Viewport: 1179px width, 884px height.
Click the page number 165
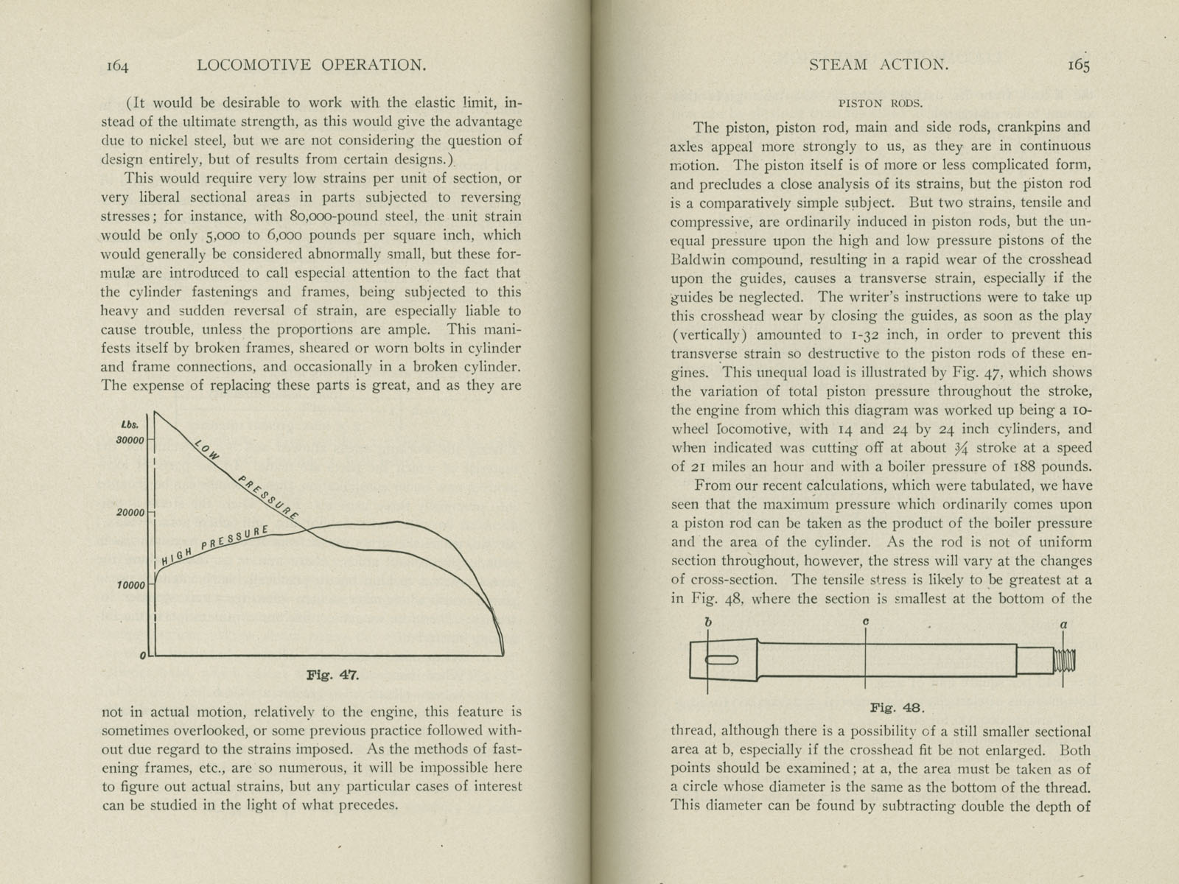point(1078,65)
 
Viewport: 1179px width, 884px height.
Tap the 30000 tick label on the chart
point(130,440)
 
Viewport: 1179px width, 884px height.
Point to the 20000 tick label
point(130,512)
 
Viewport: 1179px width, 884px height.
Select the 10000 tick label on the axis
point(130,586)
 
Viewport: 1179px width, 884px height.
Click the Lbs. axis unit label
point(129,424)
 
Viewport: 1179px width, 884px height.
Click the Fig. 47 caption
point(332,675)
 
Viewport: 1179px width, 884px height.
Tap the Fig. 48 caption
point(897,708)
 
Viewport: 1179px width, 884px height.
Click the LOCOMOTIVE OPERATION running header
point(312,65)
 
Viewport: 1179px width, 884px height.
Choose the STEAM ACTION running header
point(878,65)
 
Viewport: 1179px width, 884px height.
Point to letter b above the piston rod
point(707,622)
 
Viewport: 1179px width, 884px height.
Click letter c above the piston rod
point(866,622)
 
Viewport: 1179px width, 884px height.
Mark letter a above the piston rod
point(1063,624)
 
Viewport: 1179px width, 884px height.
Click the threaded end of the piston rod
point(1065,659)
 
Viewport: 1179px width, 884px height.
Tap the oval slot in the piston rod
point(721,661)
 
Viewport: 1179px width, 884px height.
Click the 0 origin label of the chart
point(142,655)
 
